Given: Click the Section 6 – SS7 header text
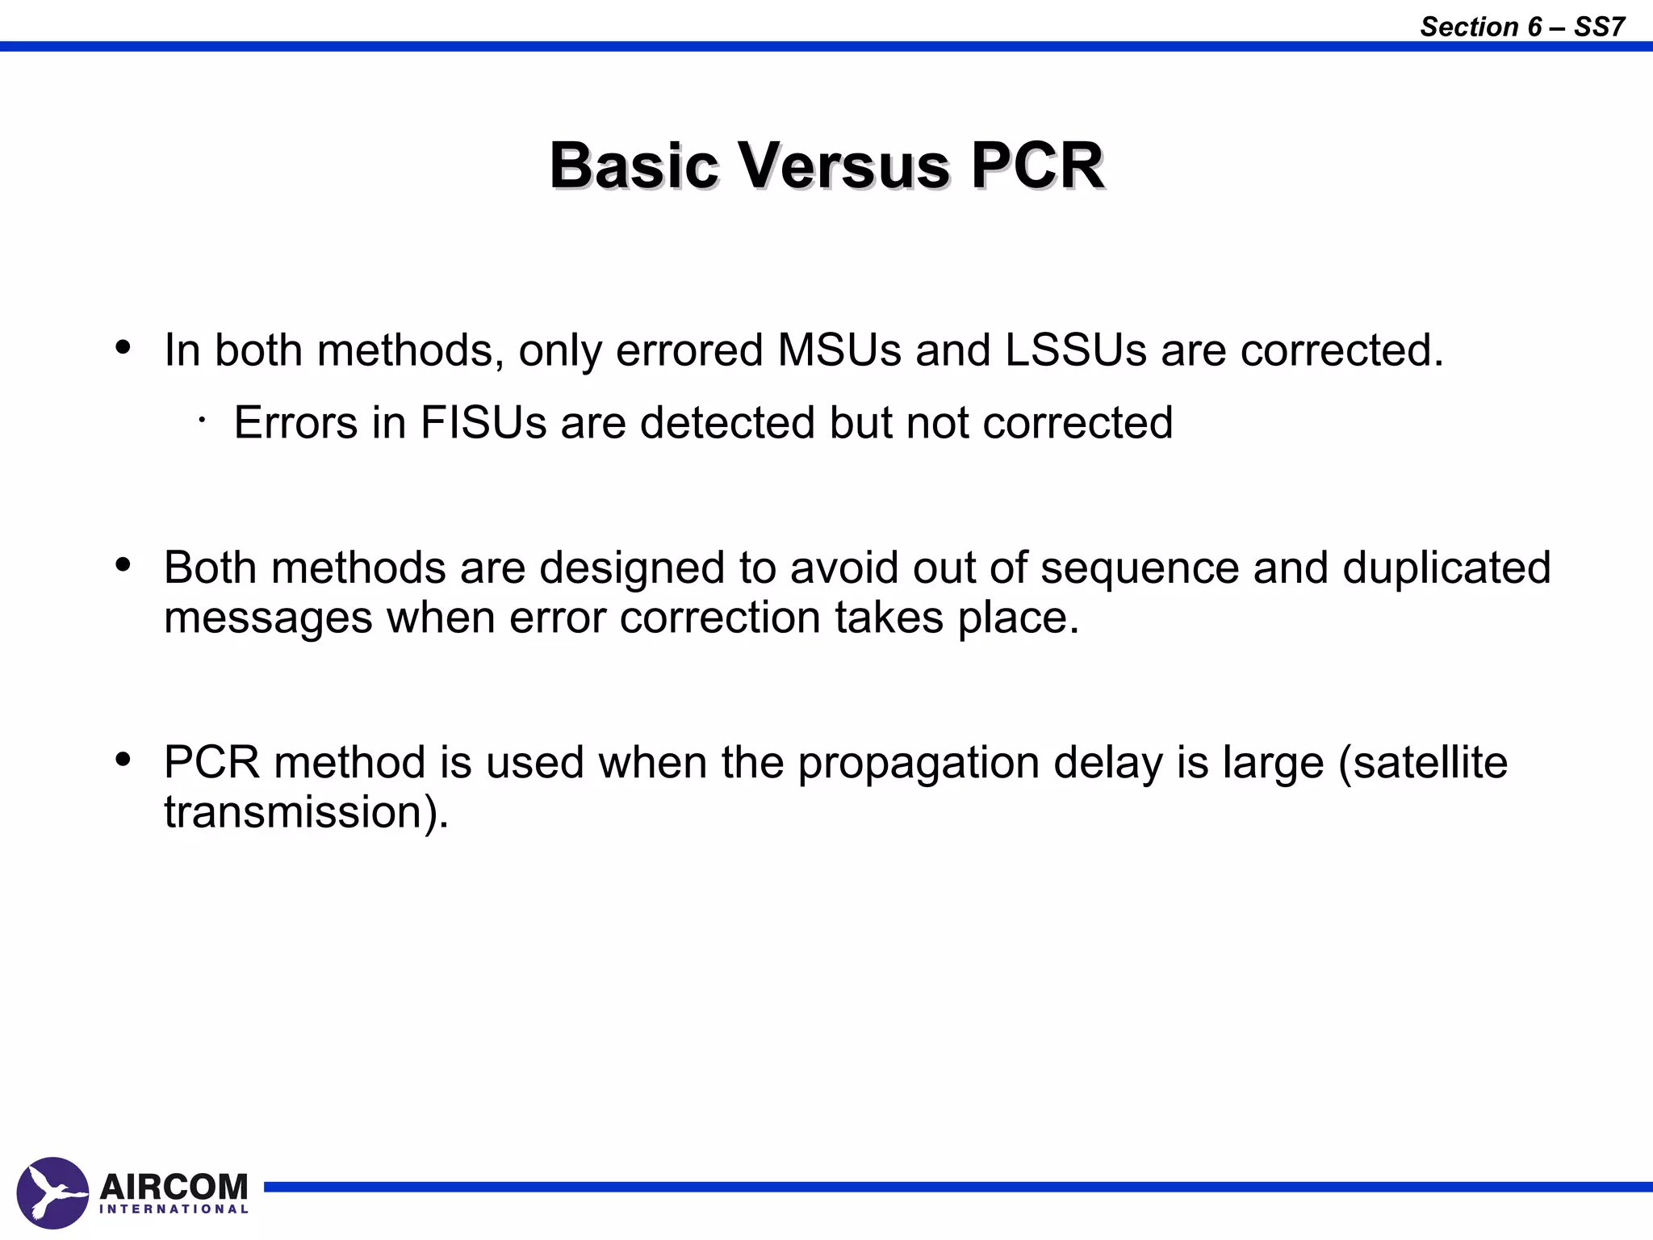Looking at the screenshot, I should pyautogui.click(x=1521, y=27).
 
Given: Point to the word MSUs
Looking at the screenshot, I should pyautogui.click(x=839, y=350).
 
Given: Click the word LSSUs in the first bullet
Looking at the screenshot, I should pyautogui.click(x=1076, y=350).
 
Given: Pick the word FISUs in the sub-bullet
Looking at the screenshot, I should pyautogui.click(x=483, y=422).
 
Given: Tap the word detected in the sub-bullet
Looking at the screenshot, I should pyautogui.click(x=727, y=422).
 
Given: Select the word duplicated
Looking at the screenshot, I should pyautogui.click(x=1446, y=568).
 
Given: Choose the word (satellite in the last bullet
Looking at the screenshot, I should pyautogui.click(x=1423, y=762).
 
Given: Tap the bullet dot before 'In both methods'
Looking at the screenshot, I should pyautogui.click(x=123, y=348).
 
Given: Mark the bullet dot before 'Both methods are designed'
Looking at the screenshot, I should pyautogui.click(x=123, y=565).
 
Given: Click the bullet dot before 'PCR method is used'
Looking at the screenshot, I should pyautogui.click(x=123, y=760).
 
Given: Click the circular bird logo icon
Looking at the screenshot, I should pyautogui.click(x=52, y=1192).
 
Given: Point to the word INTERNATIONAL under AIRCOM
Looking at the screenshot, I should pyautogui.click(x=174, y=1209).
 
